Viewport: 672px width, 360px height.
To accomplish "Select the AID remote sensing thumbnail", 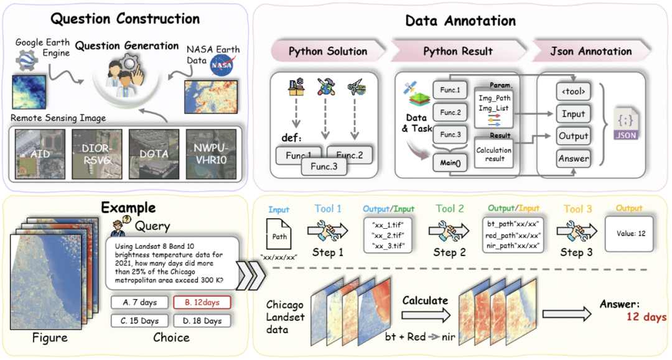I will [40, 154].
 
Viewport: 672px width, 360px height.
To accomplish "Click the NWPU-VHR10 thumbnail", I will [211, 154].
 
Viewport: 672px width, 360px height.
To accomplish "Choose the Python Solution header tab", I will [327, 52].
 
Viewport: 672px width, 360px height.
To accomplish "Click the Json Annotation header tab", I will [590, 52].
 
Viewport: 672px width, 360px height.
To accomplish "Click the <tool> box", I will [573, 92].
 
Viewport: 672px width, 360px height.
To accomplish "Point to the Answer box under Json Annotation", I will [573, 159].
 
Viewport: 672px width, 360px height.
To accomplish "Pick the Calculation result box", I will [493, 154].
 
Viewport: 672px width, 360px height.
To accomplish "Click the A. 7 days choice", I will [139, 302].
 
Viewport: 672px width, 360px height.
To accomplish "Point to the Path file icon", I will [280, 234].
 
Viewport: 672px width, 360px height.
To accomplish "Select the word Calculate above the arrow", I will [425, 300].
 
